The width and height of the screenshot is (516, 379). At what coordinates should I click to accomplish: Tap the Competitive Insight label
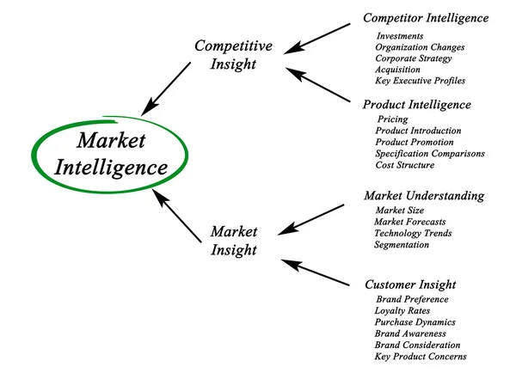[x=232, y=54]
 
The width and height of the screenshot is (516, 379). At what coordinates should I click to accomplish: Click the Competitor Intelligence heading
[x=425, y=17]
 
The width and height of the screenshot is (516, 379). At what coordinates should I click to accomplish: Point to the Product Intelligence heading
[x=416, y=105]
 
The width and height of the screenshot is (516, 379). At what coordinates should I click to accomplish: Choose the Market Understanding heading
[x=423, y=196]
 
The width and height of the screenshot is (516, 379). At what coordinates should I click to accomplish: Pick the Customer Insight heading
[x=409, y=284]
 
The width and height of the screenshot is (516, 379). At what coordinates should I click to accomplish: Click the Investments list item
[x=400, y=36]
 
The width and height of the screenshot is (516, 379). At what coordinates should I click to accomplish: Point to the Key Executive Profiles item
[x=420, y=81]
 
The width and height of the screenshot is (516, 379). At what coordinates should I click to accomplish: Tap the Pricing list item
[x=392, y=119]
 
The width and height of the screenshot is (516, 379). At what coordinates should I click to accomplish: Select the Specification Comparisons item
[x=429, y=153]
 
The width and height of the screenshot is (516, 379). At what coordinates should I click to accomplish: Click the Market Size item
[x=400, y=211]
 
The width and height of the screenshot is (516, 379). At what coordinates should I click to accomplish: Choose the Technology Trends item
[x=412, y=233]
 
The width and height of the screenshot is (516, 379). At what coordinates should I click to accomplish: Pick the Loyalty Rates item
[x=402, y=310]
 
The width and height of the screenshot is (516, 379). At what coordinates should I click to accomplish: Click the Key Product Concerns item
[x=420, y=356]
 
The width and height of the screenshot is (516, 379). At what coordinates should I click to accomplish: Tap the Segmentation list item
[x=401, y=245]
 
